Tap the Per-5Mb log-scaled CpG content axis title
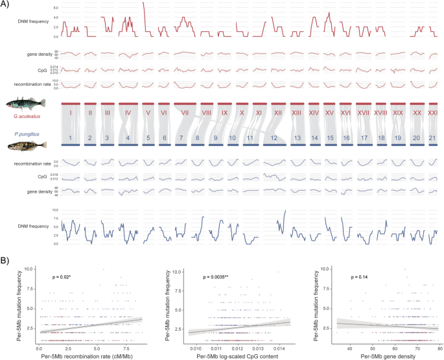click(230, 355)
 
